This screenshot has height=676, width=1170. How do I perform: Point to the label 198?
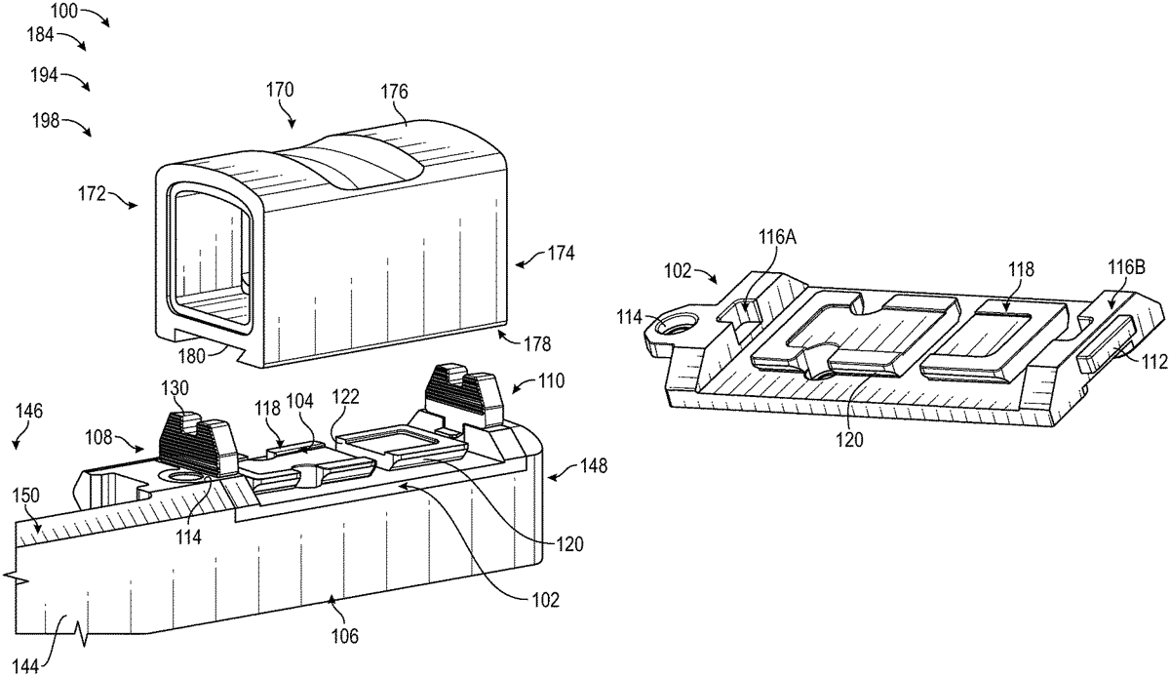pos(45,121)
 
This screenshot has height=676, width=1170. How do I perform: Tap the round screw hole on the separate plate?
pos(672,325)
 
